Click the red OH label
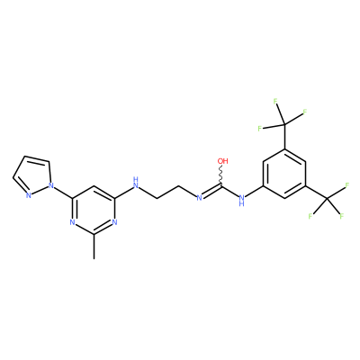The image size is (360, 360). (223, 161)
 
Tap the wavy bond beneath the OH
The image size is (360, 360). (221, 175)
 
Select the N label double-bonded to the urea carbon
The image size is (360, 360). (199, 198)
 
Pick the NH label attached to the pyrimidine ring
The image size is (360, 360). (136, 183)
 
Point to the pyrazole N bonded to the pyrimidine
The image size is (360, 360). (51, 186)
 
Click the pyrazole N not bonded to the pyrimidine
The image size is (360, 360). (29, 196)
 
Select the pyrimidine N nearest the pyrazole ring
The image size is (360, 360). (72, 222)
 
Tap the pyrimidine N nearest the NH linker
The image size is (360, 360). (114, 222)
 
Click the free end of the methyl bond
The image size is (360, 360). (94, 258)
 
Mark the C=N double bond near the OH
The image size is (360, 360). (211, 191)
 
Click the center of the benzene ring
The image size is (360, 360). (284, 174)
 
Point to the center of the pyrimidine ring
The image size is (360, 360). (94, 210)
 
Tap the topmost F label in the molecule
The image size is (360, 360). (275, 102)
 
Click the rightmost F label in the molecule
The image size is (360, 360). (347, 185)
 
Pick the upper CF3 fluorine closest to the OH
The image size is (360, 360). (260, 129)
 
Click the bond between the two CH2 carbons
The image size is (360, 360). (168, 192)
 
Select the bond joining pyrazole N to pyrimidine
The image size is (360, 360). (63, 192)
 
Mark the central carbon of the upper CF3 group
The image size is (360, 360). (284, 124)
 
